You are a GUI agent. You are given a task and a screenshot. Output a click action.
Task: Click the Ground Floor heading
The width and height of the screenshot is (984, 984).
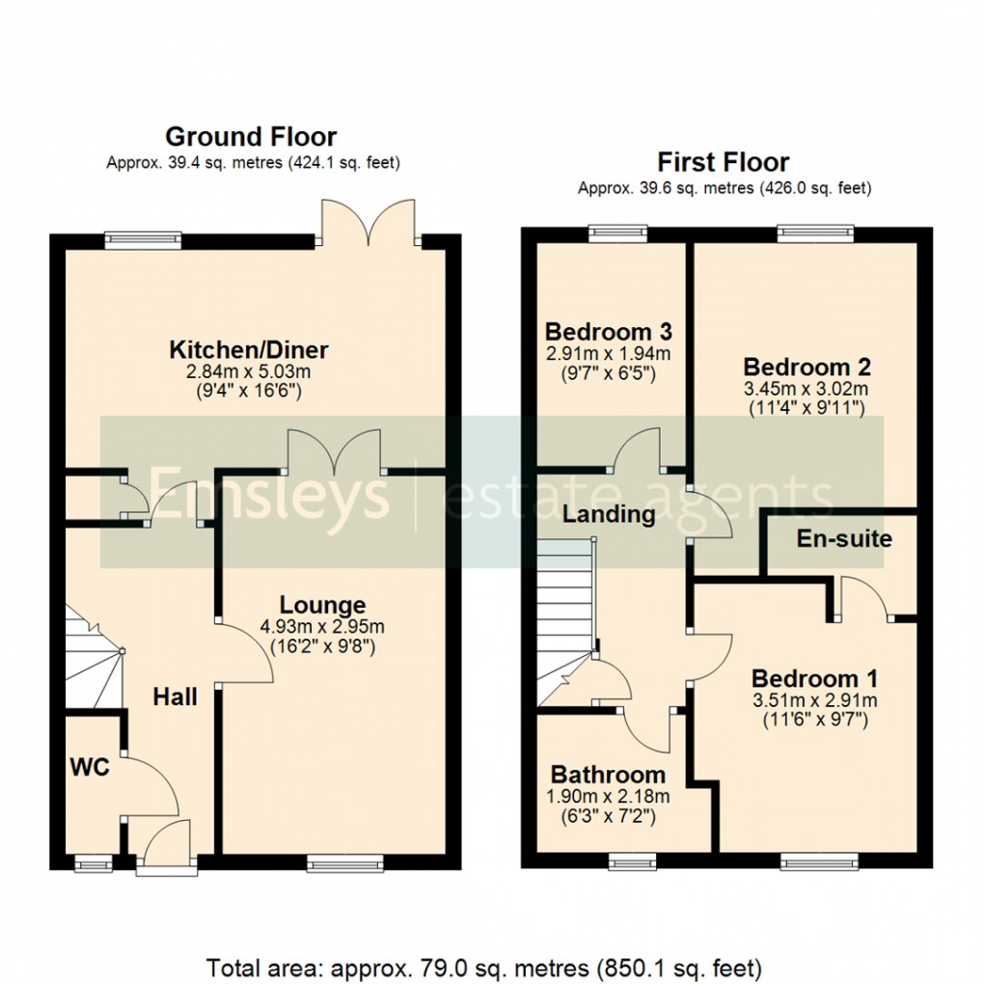click(251, 136)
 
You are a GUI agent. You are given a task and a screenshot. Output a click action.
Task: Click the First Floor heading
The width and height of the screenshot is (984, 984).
click(723, 161)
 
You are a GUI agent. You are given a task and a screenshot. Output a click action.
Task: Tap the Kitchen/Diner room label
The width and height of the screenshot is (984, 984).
click(249, 348)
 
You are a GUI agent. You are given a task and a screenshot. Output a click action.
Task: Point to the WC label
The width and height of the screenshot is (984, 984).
click(91, 768)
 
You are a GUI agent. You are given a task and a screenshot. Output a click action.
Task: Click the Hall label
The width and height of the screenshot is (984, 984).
click(175, 697)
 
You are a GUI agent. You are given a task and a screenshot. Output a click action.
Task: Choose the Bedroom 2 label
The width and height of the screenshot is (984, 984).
click(806, 367)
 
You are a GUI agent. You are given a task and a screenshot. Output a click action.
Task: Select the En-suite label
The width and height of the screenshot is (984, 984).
click(844, 538)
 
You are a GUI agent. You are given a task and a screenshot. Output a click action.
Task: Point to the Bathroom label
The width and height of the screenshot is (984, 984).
click(608, 774)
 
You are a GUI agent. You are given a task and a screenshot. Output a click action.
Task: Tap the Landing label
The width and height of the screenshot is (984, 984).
click(609, 514)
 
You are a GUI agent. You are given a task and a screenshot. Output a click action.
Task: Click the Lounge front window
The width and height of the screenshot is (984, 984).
click(345, 862)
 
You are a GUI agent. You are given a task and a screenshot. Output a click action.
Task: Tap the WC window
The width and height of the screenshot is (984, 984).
click(94, 862)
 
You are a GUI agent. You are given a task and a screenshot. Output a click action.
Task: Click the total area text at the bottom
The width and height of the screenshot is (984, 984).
click(484, 966)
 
